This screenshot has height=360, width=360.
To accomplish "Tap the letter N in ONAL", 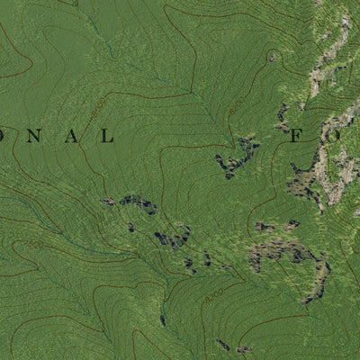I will point(36,137).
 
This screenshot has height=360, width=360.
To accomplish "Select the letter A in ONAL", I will point(71,137).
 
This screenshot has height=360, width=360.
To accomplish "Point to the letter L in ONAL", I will point(107,137).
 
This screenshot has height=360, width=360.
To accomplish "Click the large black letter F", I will point(296,137).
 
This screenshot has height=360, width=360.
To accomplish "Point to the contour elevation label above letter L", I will point(96,110).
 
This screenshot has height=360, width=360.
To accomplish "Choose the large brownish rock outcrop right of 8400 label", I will point(288,252).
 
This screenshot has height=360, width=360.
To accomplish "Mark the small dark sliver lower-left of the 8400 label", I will point(163,319).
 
